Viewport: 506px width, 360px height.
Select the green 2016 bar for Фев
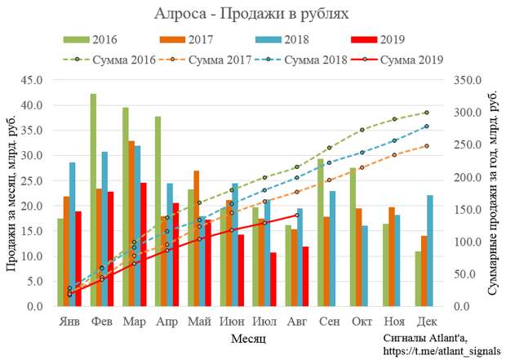tap(93, 200)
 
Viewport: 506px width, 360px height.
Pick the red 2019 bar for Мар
tap(144, 244)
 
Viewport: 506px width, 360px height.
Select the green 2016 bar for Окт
tap(353, 237)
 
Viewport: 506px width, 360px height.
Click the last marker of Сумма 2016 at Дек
tap(426, 113)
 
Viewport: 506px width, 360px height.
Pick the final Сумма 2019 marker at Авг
tap(296, 215)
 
